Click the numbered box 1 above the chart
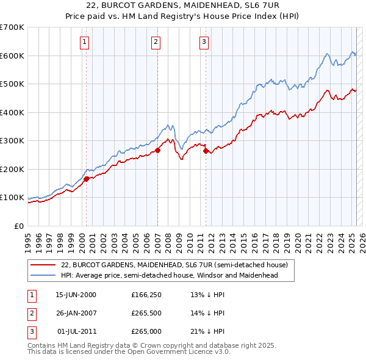point(84,42)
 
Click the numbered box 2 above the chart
point(156,42)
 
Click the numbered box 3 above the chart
point(204,42)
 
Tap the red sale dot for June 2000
point(86,179)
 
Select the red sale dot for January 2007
point(157,150)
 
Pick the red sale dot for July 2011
point(206,151)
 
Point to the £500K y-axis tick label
point(12,84)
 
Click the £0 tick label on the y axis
point(19,226)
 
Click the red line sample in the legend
point(43,265)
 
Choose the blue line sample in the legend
point(43,275)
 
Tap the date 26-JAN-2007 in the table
point(76,314)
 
